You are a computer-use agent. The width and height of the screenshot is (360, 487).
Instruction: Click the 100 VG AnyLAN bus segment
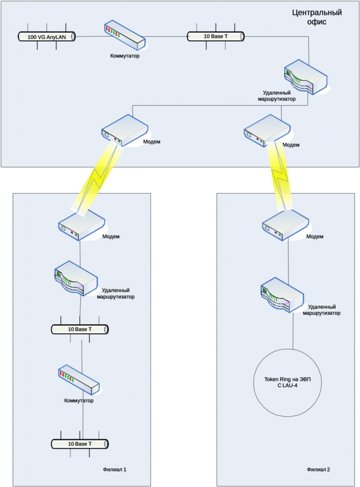[47, 37]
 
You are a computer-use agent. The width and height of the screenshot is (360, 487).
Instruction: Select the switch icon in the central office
[124, 35]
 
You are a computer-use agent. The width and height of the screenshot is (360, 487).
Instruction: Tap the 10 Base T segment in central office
[215, 36]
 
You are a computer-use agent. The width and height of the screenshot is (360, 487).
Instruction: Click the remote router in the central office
[305, 77]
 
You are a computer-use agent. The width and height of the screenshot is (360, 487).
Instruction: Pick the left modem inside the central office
[124, 130]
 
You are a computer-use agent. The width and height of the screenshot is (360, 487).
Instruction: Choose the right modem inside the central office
[267, 130]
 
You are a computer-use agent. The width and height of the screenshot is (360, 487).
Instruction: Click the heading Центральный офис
[317, 17]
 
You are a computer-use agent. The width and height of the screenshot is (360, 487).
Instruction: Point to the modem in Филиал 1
[81, 225]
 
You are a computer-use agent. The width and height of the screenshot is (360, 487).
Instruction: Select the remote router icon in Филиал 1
[76, 278]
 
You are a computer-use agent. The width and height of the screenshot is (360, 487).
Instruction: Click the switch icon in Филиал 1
[78, 380]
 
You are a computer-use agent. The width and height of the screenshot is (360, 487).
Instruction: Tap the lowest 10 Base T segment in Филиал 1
[80, 444]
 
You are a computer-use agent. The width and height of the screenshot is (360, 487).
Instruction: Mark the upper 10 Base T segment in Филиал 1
[80, 329]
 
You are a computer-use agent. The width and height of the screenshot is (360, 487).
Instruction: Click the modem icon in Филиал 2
[285, 225]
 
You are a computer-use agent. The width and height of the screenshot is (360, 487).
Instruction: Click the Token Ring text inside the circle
[287, 383]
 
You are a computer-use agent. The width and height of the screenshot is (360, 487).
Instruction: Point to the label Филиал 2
[318, 470]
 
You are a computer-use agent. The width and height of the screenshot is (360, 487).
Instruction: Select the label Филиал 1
[114, 470]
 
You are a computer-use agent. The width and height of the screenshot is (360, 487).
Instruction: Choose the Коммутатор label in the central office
[124, 56]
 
